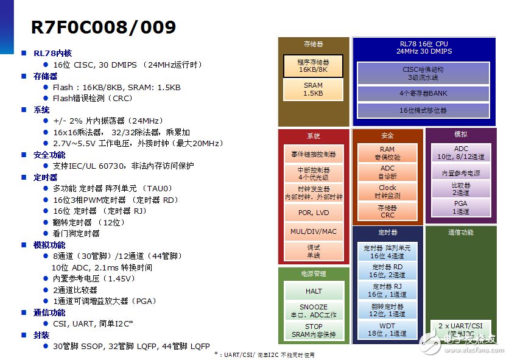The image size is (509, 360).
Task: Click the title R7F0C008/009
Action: [x=104, y=27]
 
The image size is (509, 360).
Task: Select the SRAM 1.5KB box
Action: [x=313, y=90]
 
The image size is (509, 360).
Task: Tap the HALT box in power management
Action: [x=314, y=291]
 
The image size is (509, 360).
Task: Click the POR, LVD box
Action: [x=314, y=213]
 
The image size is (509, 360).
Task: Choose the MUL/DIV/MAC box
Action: [x=314, y=232]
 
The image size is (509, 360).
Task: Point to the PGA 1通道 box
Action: [x=461, y=208]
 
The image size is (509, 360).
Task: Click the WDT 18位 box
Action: [x=387, y=330]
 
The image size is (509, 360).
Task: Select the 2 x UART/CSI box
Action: [x=461, y=330]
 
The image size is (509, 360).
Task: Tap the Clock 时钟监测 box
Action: [x=387, y=192]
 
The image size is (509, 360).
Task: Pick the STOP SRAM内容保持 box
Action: [x=314, y=331]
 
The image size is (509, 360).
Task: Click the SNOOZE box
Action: [x=314, y=311]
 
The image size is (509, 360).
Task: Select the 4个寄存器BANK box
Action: [x=423, y=94]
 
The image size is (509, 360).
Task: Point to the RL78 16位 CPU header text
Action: [x=423, y=48]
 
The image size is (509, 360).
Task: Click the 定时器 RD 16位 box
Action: [x=387, y=270]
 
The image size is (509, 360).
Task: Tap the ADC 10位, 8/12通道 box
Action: [x=461, y=152]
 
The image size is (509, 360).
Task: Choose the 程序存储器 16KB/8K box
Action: [x=313, y=66]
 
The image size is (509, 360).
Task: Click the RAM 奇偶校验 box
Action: [x=387, y=153]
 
